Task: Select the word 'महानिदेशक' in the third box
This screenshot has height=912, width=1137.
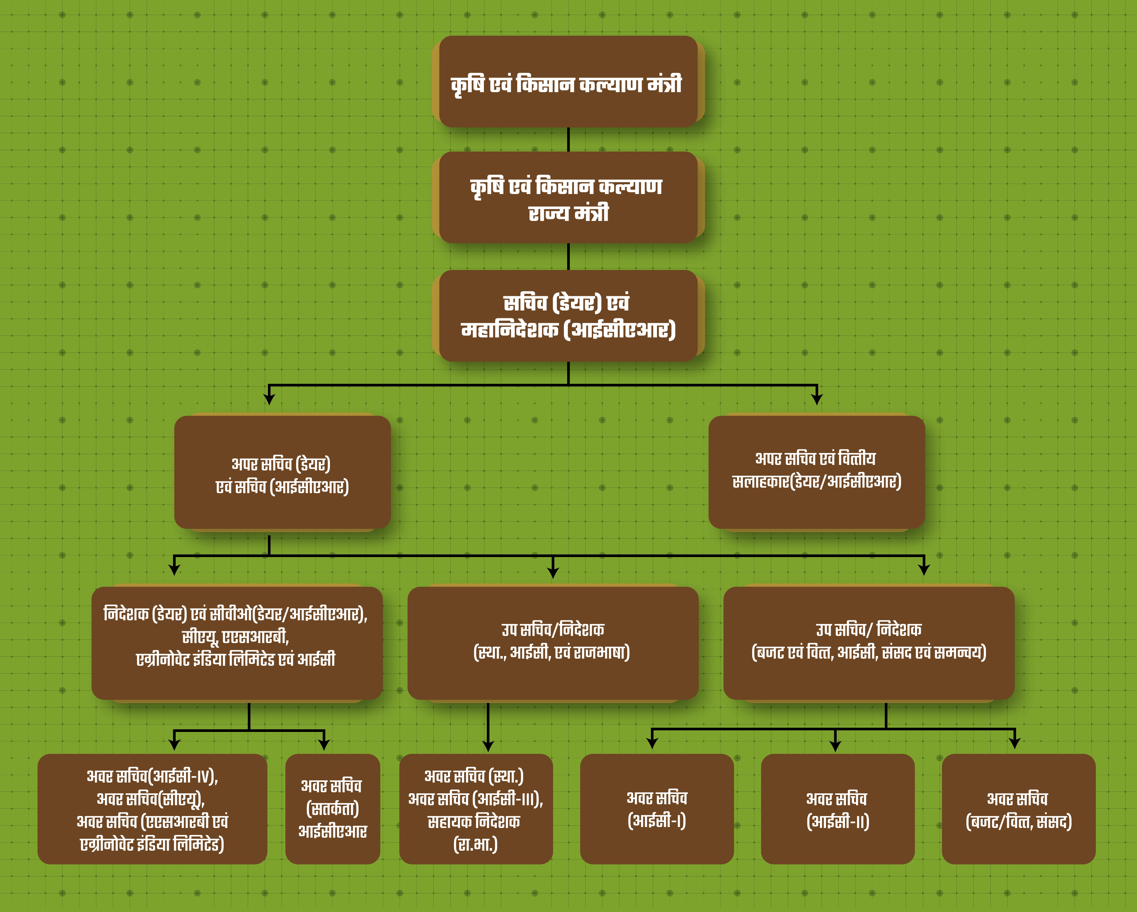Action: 510,330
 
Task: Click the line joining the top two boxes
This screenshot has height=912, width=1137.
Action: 568,139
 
